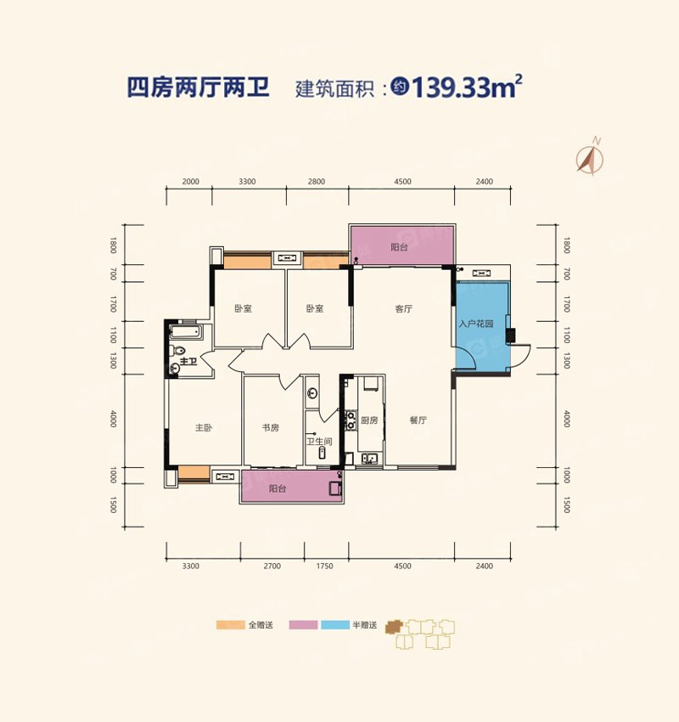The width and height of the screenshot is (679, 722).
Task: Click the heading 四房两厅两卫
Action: (x=198, y=88)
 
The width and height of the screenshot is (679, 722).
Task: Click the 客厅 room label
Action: (x=403, y=309)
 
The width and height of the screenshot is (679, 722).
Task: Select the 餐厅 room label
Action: (x=417, y=420)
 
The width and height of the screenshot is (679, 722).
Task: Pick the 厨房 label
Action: (x=368, y=420)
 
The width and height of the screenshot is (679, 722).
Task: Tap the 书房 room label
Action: (x=270, y=428)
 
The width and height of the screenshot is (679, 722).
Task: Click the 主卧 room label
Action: (x=204, y=428)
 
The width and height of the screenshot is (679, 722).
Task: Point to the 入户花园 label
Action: (x=476, y=324)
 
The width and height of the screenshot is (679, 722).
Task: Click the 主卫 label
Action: (x=188, y=363)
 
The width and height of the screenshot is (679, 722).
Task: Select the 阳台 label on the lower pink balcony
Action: (x=278, y=489)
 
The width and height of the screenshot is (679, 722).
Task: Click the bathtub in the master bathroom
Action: (x=184, y=332)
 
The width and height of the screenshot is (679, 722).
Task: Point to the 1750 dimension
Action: (x=326, y=565)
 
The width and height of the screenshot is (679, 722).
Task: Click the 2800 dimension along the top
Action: (x=317, y=182)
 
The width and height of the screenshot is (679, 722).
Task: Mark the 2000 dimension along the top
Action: (x=190, y=182)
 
